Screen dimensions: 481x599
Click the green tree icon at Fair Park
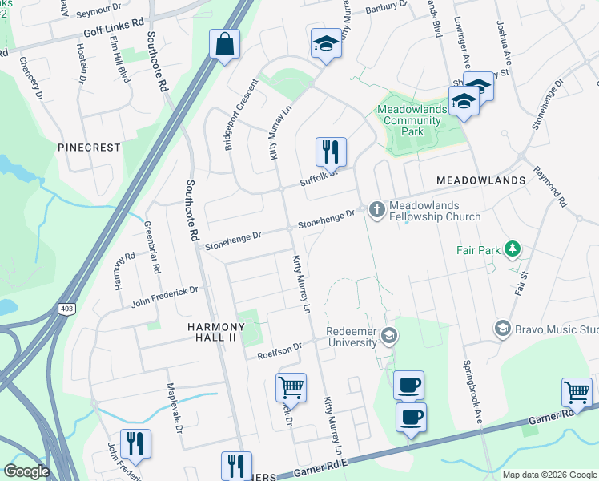(x=512, y=250)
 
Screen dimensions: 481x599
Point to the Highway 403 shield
(x=65, y=308)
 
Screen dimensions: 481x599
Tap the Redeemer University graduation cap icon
(x=389, y=335)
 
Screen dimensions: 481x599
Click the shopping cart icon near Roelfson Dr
(x=291, y=388)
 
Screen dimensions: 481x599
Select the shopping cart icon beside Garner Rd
(x=577, y=393)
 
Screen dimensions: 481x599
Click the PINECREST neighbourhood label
(x=89, y=148)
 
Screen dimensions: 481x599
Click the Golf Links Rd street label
(x=114, y=36)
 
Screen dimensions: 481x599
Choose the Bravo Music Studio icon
(x=502, y=327)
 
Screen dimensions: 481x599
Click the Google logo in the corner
(x=26, y=471)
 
